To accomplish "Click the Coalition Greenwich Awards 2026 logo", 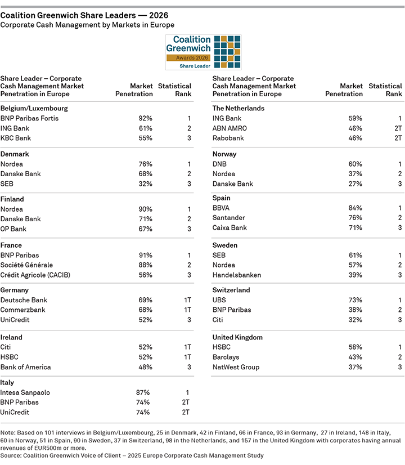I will click(202, 52).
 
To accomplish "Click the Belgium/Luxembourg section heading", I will click(34, 108).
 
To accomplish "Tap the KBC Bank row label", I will click(16, 138).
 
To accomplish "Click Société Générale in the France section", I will click(26, 265).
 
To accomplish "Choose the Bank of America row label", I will click(26, 367).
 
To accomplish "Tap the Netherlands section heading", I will click(238, 108).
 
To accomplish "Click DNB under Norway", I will click(219, 164).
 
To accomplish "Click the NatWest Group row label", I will click(236, 367).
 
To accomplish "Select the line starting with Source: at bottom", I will click(132, 455).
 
